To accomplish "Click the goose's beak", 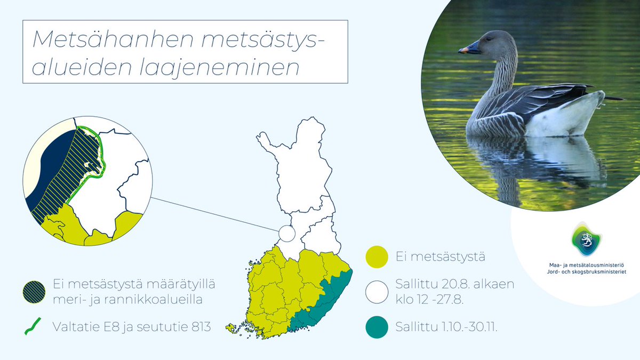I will click(469, 50).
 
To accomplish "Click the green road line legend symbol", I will click(33, 326).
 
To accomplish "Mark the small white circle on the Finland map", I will click(286, 234).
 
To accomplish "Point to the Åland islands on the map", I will click(230, 327).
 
